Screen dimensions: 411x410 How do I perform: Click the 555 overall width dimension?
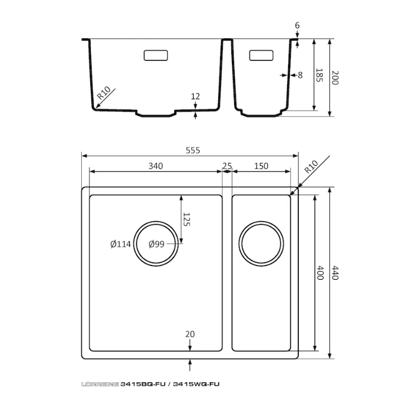[192, 151]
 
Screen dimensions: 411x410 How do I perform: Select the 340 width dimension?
[156, 166]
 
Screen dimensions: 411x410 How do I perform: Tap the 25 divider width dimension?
[227, 166]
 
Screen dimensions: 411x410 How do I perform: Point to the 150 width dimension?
[261, 166]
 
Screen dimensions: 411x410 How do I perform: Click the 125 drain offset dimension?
[187, 219]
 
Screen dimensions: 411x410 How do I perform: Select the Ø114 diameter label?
[121, 244]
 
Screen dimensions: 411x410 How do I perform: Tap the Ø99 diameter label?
[156, 244]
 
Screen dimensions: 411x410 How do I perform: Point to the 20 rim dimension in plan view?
[190, 334]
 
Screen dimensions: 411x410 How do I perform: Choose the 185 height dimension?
[319, 75]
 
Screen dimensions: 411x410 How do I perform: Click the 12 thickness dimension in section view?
[195, 96]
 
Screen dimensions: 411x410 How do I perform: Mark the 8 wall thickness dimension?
[299, 74]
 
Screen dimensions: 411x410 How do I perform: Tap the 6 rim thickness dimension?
[297, 26]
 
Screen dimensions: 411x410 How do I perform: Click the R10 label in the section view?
[104, 94]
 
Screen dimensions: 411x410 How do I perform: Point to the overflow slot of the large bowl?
[156, 55]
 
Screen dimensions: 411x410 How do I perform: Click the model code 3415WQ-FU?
[196, 384]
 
